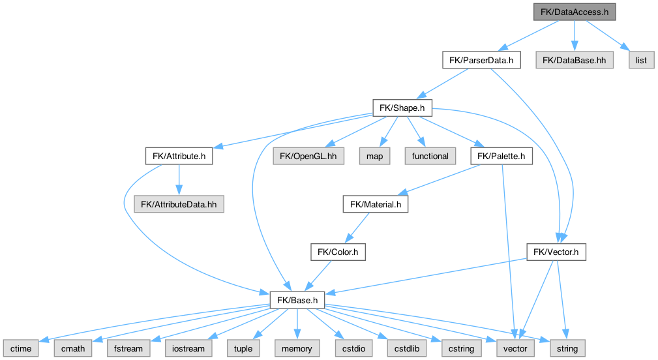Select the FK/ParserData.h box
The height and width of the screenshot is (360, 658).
tap(481, 61)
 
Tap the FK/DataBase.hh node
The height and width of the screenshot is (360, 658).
tap(575, 61)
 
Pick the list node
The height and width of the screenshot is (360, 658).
tap(641, 61)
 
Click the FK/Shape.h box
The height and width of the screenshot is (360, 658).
tap(402, 108)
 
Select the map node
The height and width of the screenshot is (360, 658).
tap(375, 157)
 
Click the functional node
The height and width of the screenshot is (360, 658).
tap(430, 157)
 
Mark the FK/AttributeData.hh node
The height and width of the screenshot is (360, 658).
tap(179, 204)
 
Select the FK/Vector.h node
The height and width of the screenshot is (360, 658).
tap(557, 252)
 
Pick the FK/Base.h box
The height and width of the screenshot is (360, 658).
tap(297, 300)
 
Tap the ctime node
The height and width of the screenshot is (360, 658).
tap(20, 348)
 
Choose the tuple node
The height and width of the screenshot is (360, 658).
tap(243, 348)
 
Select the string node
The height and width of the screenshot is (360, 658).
tap(567, 348)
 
